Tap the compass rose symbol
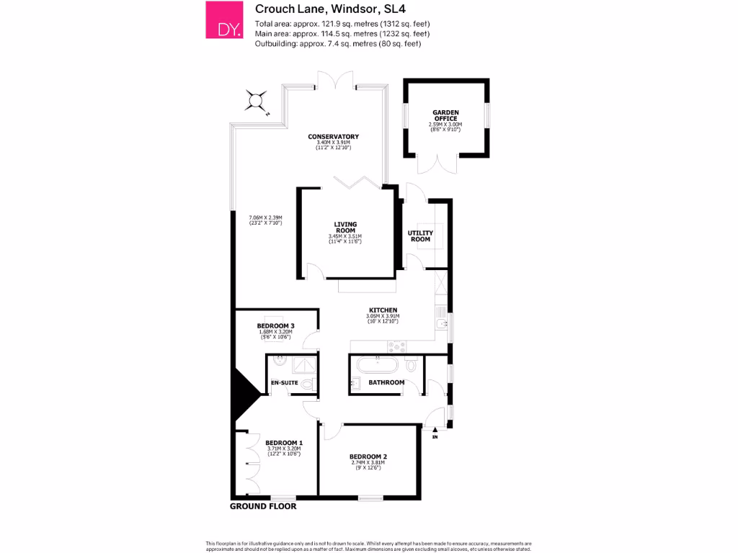(256, 102)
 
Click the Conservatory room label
(333, 137)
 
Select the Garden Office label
(445, 115)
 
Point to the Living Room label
(345, 228)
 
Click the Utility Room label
(420, 235)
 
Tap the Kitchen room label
(382, 310)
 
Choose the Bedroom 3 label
(275, 326)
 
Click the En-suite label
(284, 382)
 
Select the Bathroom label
(386, 382)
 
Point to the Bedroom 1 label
(283, 443)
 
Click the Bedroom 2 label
(368, 457)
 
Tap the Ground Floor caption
(262, 506)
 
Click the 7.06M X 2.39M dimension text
(265, 218)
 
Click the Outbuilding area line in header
(337, 44)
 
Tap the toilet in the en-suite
(308, 385)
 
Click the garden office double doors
(437, 164)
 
